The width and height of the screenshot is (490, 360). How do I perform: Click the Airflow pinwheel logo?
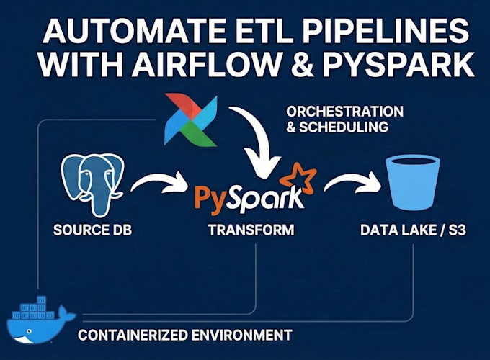[191, 120]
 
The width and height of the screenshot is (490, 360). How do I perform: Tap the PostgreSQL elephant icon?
[92, 184]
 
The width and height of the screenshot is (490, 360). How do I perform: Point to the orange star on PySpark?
[298, 181]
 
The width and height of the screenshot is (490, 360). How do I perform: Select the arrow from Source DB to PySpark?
[160, 181]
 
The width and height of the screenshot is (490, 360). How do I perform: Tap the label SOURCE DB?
[92, 230]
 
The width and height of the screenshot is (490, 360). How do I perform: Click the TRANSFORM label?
[251, 230]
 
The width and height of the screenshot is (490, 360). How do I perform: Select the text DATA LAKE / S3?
[413, 230]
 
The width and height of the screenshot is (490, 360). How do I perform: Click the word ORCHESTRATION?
[344, 112]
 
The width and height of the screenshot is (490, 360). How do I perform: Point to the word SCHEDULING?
[344, 127]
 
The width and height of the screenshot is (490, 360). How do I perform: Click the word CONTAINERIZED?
[132, 336]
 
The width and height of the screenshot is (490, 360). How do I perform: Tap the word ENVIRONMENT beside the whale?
[241, 336]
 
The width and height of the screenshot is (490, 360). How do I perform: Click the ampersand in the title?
[302, 65]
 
